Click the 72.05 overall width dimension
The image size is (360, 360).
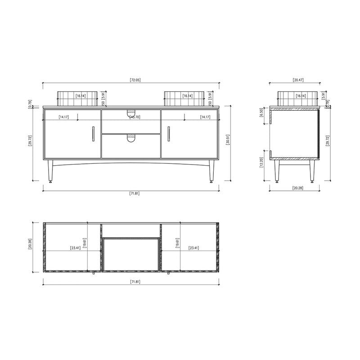point(135,80)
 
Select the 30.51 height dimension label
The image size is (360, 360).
point(229,144)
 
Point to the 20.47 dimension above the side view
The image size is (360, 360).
point(298,80)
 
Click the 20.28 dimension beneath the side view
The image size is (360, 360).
point(297,188)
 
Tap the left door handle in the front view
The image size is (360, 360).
point(93,134)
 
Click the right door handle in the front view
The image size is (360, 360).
point(168,134)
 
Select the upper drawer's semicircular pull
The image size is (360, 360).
point(131,112)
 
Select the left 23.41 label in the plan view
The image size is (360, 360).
point(75,248)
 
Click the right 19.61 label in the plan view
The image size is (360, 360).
point(177,243)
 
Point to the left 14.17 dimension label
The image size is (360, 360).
point(64,117)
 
